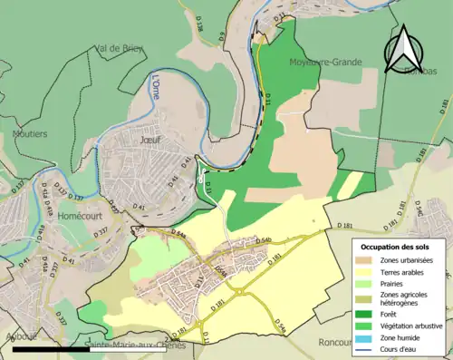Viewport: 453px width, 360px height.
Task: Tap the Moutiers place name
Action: click(x=28, y=133)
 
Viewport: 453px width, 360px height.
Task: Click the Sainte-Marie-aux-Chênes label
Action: click(x=135, y=345)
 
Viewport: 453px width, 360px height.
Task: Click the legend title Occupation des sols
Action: click(x=399, y=246)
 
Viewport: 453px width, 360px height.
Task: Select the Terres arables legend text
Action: click(x=410, y=270)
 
